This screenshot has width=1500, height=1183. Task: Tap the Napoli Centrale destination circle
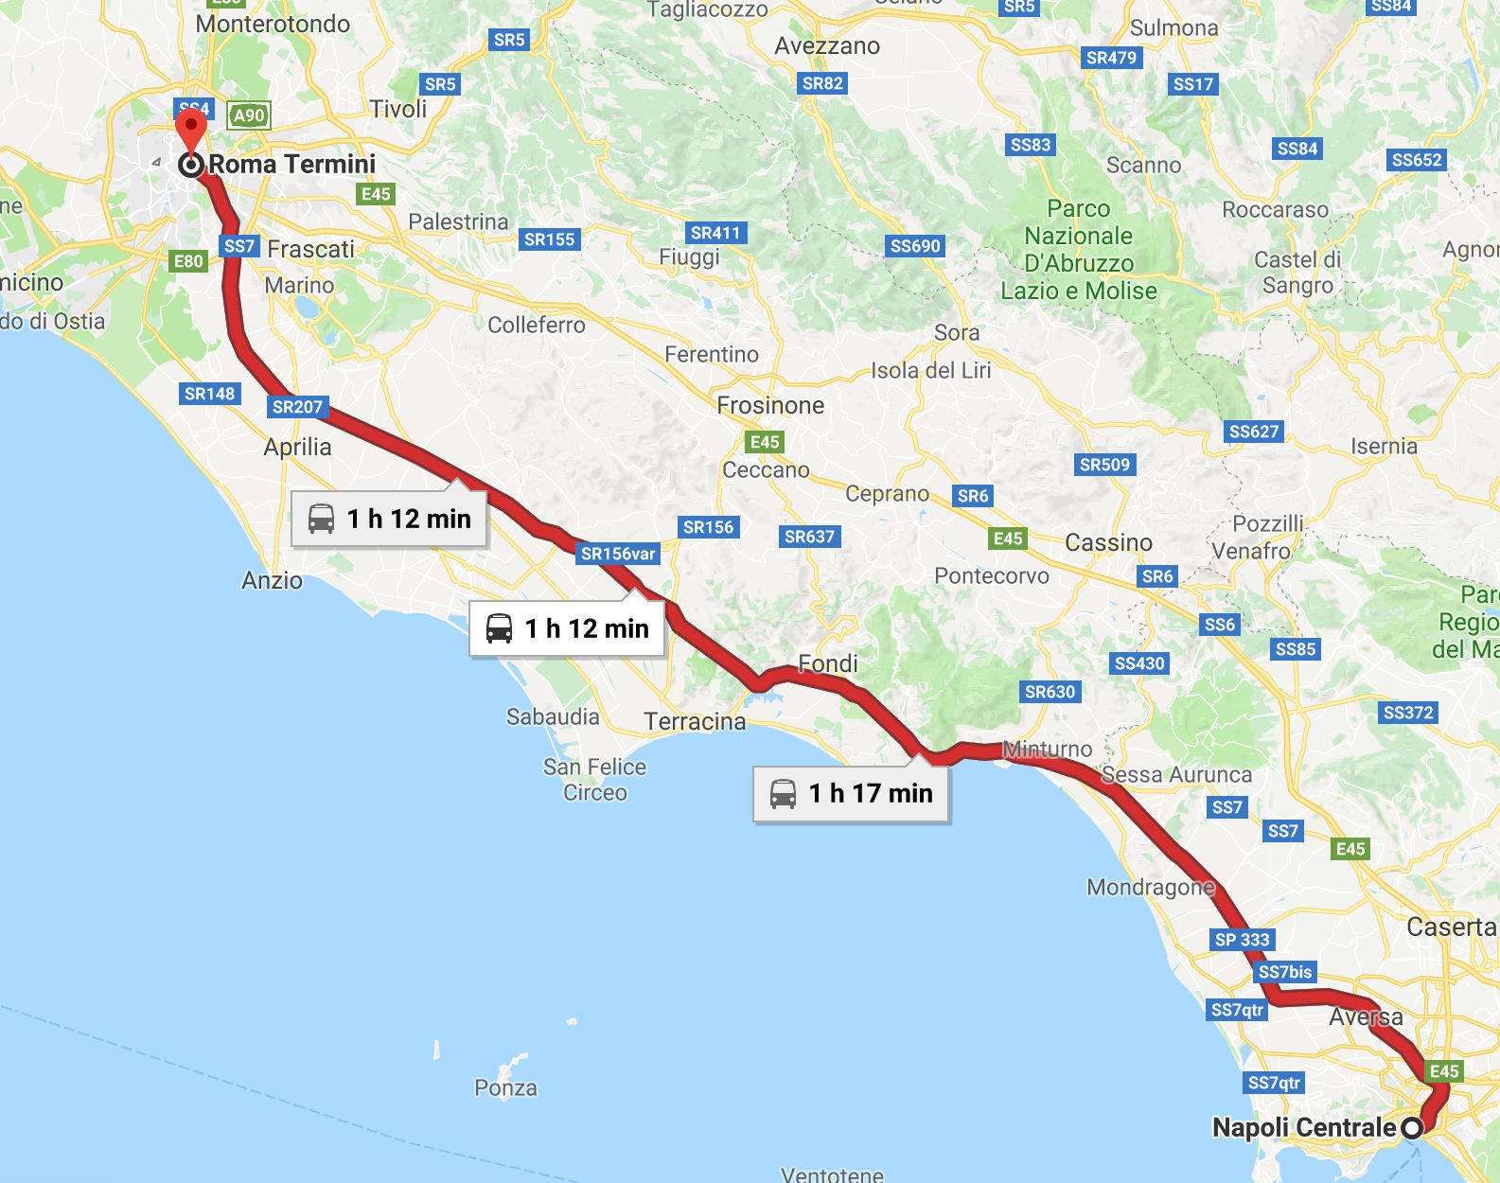pyautogui.click(x=1411, y=1128)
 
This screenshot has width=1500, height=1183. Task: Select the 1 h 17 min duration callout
pyautogui.click(x=851, y=793)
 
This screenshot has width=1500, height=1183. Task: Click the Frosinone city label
pyautogui.click(x=769, y=405)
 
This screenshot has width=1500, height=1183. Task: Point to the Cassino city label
pyautogui.click(x=1108, y=542)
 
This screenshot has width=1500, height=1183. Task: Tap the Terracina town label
pyautogui.click(x=695, y=721)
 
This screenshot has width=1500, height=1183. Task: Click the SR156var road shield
pyautogui.click(x=618, y=554)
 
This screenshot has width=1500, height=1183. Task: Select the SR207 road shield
pyautogui.click(x=297, y=407)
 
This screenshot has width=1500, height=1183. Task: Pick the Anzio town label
pyautogui.click(x=272, y=580)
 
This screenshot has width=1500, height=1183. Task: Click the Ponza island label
pyautogui.click(x=505, y=1087)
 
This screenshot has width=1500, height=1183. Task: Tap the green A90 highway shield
pyautogui.click(x=249, y=115)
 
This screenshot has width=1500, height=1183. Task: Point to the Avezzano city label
pyautogui.click(x=826, y=45)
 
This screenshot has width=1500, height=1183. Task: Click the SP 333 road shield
pyautogui.click(x=1242, y=940)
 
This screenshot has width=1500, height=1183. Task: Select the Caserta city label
pyautogui.click(x=1450, y=927)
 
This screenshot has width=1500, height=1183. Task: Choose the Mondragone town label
pyautogui.click(x=1150, y=887)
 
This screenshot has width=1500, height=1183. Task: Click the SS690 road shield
pyautogui.click(x=915, y=246)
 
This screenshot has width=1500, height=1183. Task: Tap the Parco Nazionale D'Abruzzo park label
pyautogui.click(x=1079, y=250)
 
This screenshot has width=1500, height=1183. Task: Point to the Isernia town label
pyautogui.click(x=1384, y=446)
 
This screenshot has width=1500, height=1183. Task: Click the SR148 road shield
pyautogui.click(x=209, y=394)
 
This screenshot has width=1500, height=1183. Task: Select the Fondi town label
pyautogui.click(x=827, y=663)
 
